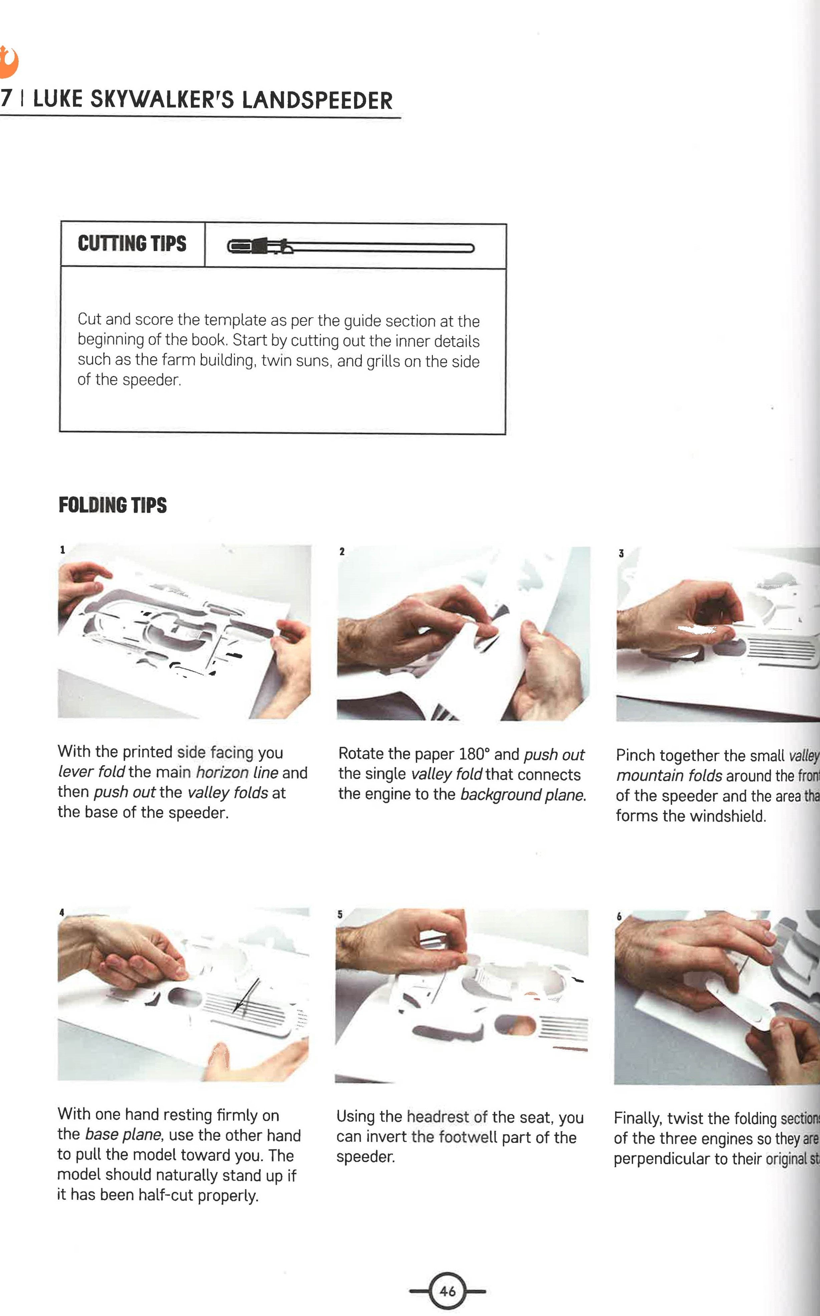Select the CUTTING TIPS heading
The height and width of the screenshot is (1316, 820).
(132, 244)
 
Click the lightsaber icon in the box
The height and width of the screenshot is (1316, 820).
(350, 247)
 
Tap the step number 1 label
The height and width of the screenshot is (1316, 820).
(62, 550)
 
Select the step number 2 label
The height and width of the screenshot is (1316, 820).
(342, 551)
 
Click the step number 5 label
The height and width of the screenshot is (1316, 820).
(340, 915)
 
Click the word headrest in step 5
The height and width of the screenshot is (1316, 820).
(437, 1117)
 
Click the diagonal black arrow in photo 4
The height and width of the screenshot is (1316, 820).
(246, 996)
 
